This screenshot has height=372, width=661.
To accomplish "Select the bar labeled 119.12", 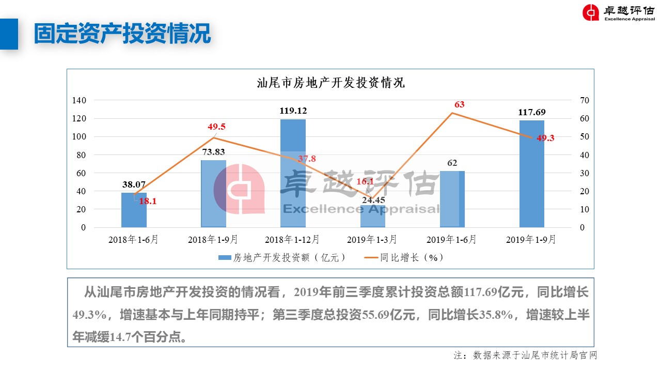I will point(293,173).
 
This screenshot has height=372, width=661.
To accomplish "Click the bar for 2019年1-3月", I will point(372,216).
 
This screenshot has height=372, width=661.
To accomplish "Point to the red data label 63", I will point(459,104).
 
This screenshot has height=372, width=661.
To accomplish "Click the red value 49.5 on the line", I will point(216,127).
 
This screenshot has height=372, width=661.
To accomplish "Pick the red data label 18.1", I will point(148,202).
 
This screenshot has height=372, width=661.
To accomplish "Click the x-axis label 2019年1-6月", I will point(452,240).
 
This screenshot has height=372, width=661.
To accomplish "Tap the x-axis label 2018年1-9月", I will point(213,240).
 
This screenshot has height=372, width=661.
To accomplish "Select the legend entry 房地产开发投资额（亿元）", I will point(282,257).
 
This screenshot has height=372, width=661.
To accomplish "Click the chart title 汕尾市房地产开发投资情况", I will point(330,83).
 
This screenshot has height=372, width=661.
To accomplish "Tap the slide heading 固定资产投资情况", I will point(122,34).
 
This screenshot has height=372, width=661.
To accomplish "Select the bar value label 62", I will point(452,163).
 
